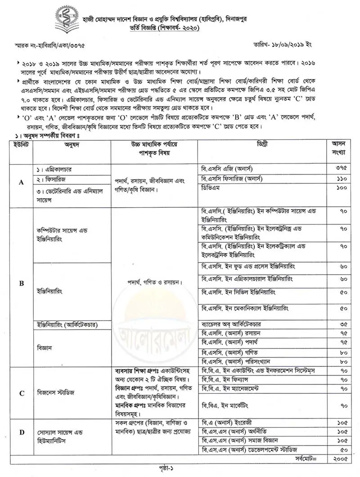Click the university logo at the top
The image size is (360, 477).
[x=66, y=18]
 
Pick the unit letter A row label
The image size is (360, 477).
[x=21, y=183]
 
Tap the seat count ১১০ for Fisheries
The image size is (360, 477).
[x=341, y=179]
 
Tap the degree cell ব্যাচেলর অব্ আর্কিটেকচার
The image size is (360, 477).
[x=232, y=324]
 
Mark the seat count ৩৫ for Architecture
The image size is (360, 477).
[x=343, y=324]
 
